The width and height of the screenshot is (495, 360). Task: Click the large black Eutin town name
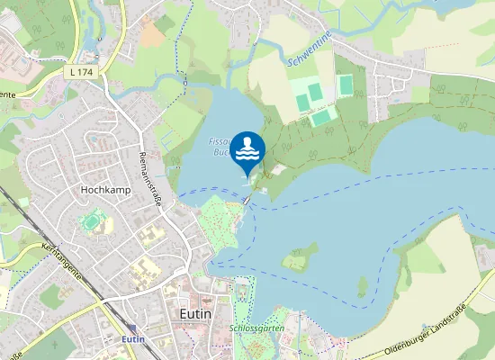coord(195,313)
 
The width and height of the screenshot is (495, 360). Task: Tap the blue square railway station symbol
coord(133,328)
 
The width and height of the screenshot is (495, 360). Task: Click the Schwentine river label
coord(308,56)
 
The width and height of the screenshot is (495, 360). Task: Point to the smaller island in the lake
coord(363,287)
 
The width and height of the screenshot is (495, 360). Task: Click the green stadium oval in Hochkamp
coord(91,220)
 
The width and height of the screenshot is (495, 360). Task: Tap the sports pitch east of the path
coord(346,85)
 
